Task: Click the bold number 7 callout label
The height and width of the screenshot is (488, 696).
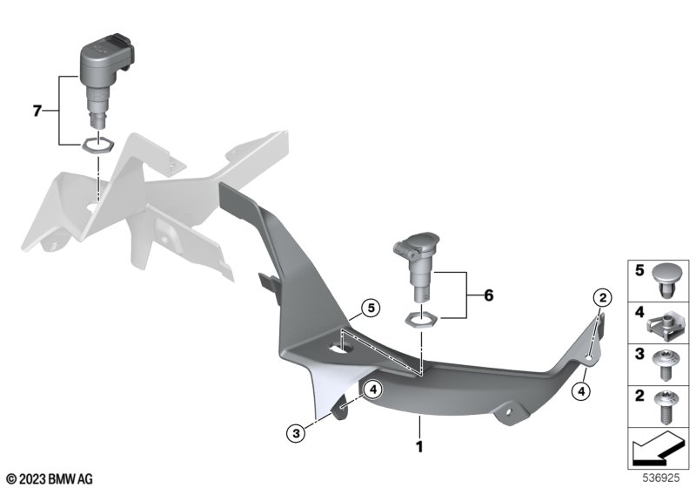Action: click(37, 111)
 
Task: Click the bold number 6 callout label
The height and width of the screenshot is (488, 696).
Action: click(488, 295)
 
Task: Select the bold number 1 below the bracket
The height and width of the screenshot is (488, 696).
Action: click(419, 447)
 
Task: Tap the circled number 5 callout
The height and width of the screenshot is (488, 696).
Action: click(371, 308)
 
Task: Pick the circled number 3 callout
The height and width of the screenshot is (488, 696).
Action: click(296, 433)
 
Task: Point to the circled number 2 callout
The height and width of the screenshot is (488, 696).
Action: click(602, 297)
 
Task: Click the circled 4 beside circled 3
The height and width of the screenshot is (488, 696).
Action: click(373, 390)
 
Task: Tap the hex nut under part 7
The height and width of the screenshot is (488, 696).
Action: click(97, 146)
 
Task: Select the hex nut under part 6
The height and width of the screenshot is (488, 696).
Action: click(421, 319)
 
